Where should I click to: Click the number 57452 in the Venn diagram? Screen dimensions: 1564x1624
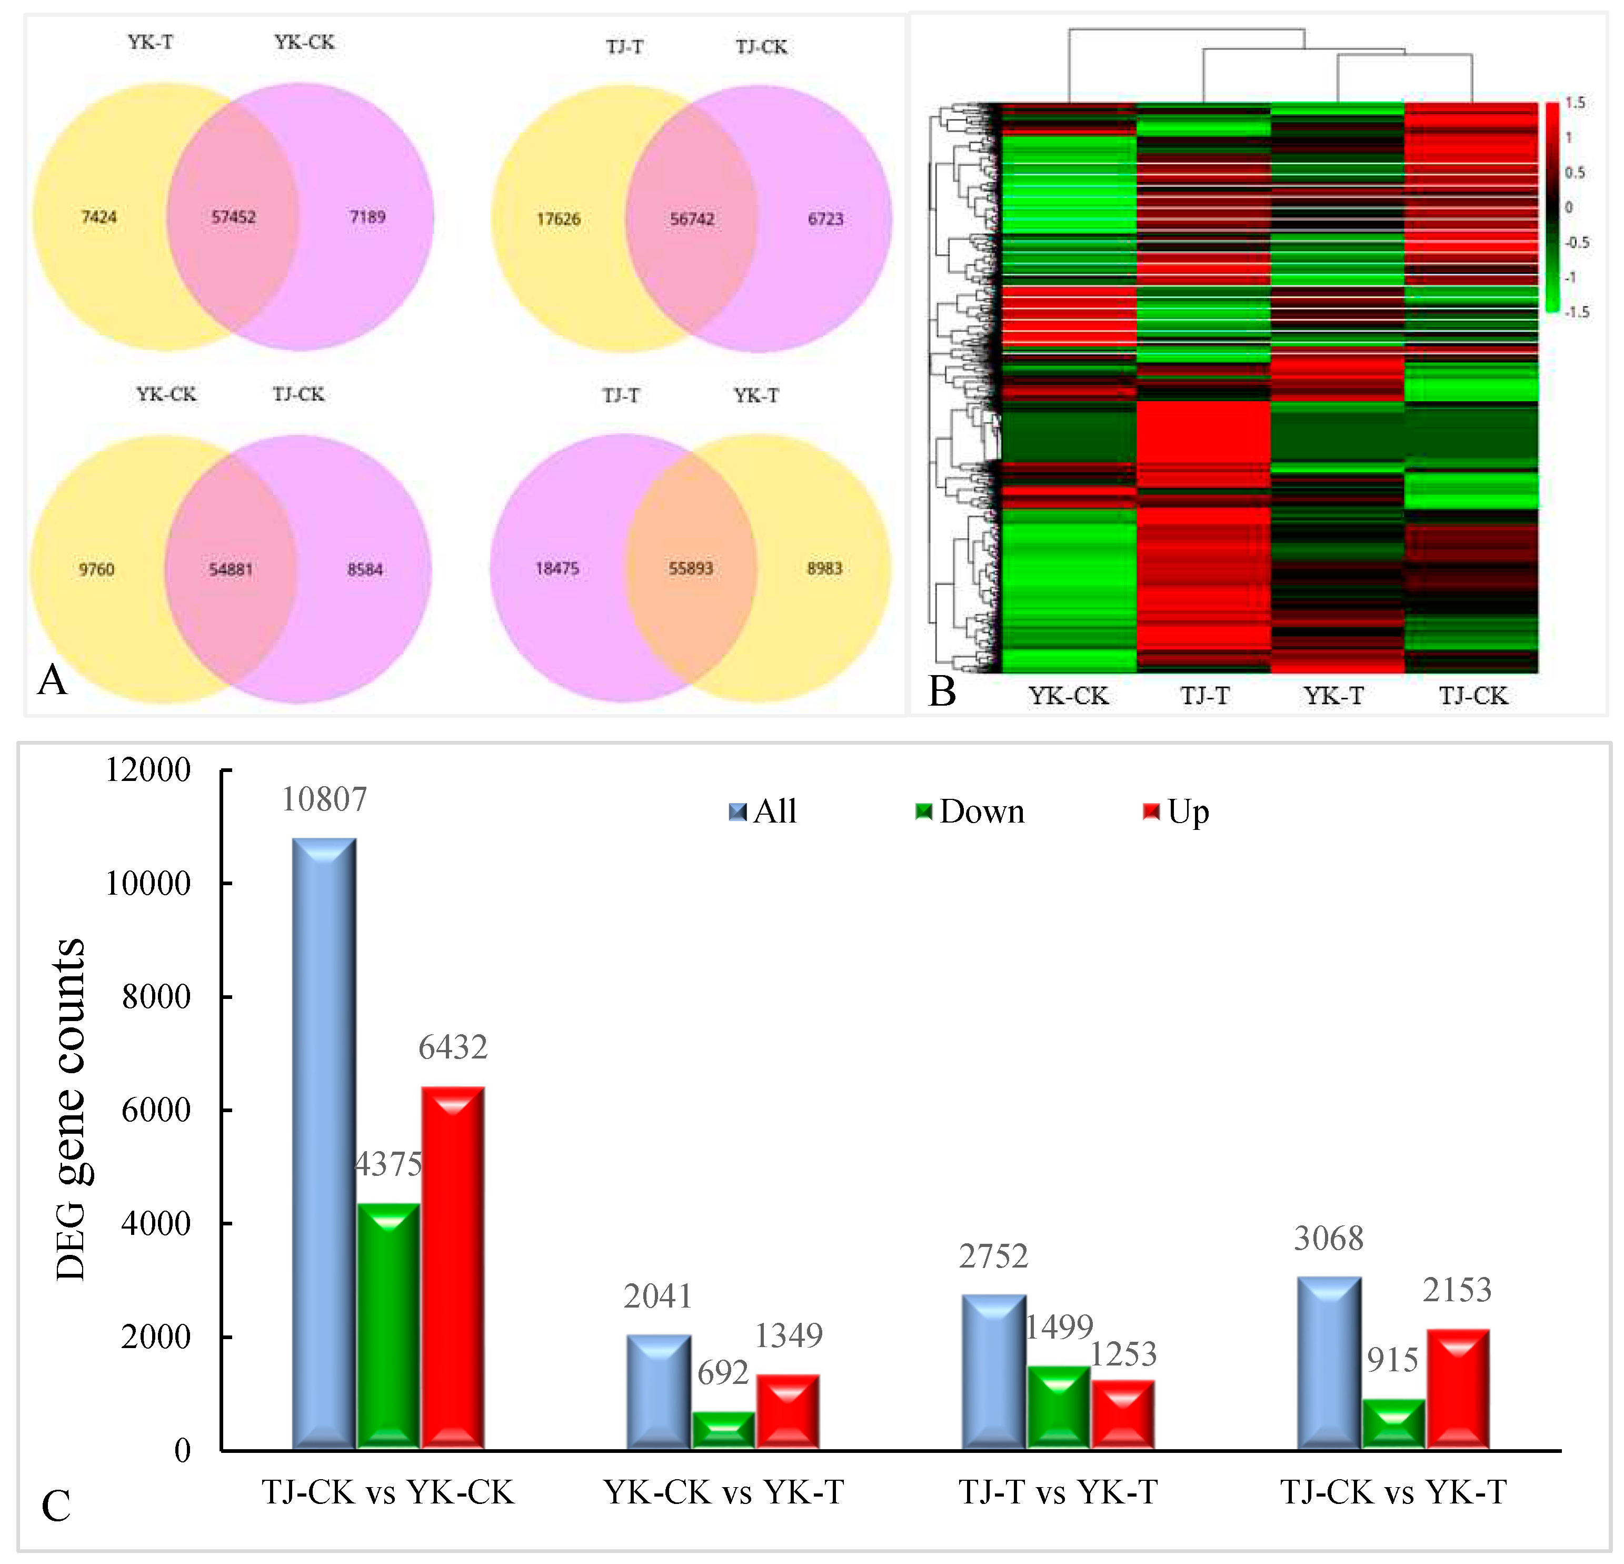coord(234,217)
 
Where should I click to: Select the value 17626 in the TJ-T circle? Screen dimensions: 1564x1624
coord(559,219)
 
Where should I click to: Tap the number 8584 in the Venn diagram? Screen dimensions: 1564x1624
coord(365,569)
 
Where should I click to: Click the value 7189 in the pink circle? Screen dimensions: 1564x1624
coord(367,217)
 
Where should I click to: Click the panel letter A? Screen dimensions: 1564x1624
coord(52,680)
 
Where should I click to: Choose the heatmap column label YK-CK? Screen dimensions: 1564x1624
coord(1068,696)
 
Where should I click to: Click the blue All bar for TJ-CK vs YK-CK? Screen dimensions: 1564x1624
coord(324,1144)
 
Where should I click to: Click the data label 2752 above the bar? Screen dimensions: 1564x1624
coord(993,1256)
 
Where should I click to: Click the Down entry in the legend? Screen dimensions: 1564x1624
coord(970,811)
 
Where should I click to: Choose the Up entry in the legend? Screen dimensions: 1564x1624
coord(1177,811)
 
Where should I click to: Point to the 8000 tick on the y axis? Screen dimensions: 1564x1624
coord(156,996)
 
